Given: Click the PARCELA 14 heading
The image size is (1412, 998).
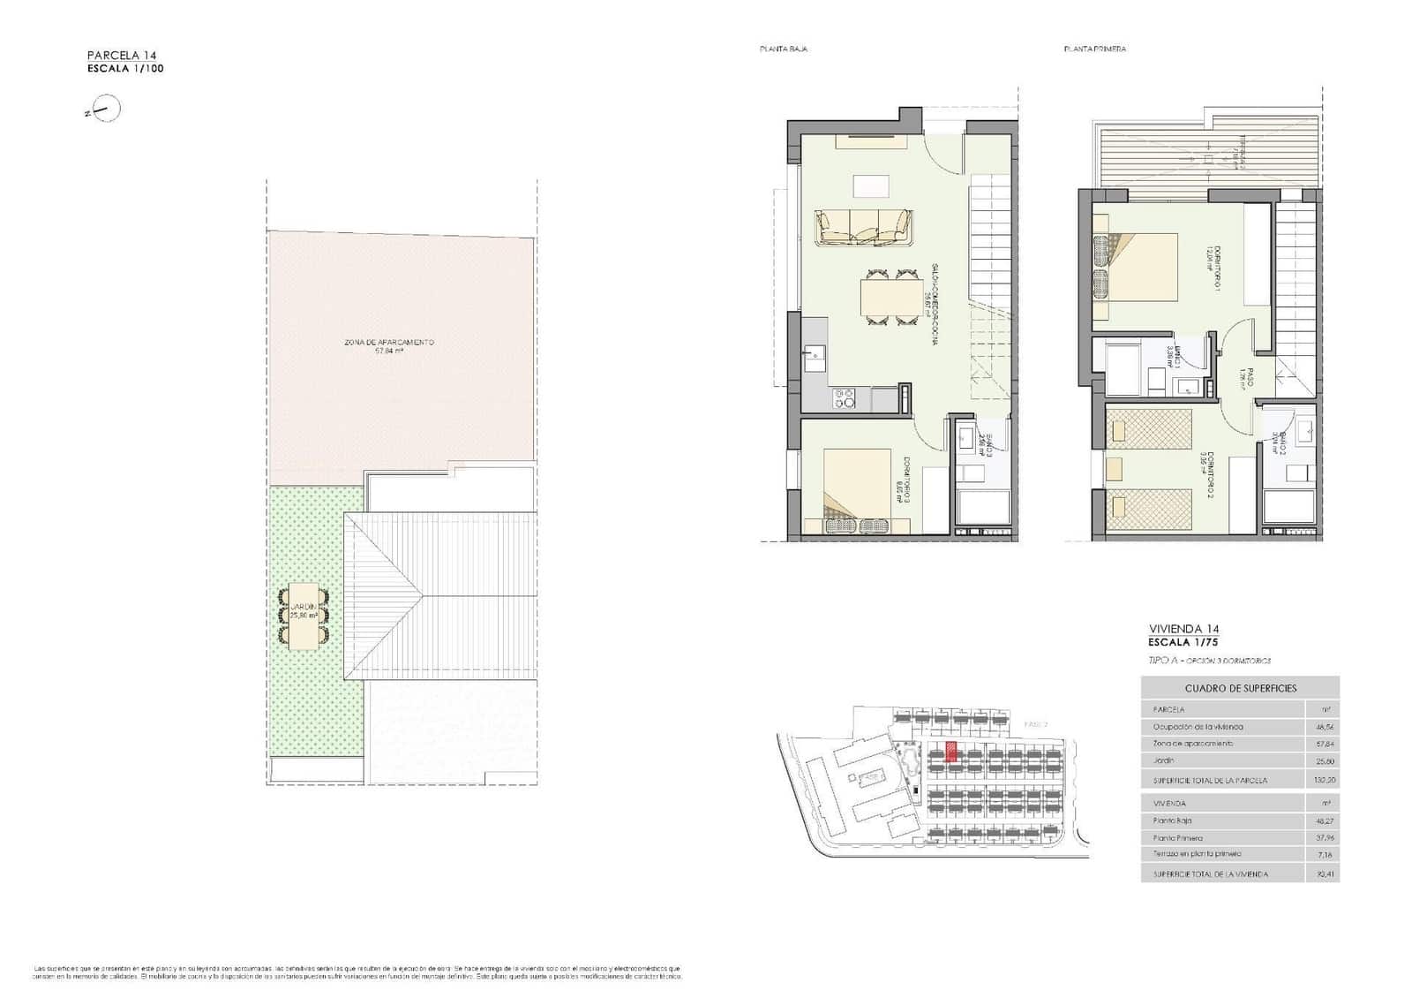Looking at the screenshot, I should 122,55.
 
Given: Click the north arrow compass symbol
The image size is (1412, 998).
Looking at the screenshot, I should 105,110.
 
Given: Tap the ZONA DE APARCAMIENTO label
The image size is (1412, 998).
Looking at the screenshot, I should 389,342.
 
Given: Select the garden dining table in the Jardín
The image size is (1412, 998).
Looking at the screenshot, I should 304,616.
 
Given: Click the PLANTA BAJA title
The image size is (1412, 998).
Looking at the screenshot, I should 784,49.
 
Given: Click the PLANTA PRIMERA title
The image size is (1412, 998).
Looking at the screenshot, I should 1094,49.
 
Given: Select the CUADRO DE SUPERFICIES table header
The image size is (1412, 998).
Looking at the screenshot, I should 1240,688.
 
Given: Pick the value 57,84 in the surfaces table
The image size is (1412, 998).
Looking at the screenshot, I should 1322,744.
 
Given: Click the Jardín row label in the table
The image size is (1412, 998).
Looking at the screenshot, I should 1163,760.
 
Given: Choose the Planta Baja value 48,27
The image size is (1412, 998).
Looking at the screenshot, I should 1322,820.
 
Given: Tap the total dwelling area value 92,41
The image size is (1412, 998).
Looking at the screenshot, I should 1322,874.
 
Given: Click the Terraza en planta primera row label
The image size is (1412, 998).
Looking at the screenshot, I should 1197,854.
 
